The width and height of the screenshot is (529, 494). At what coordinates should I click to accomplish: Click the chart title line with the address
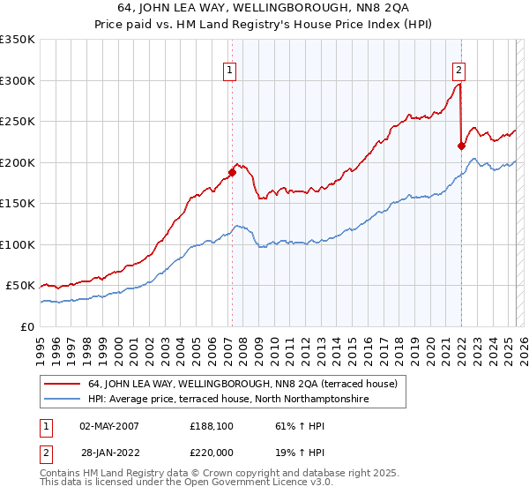[264, 8]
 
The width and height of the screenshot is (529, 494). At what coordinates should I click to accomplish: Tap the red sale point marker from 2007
[232, 172]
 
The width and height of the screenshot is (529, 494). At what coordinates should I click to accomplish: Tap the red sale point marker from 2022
[461, 146]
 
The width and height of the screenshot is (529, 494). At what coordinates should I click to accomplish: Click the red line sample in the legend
[63, 384]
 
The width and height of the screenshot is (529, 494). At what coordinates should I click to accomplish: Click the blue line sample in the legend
[63, 400]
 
